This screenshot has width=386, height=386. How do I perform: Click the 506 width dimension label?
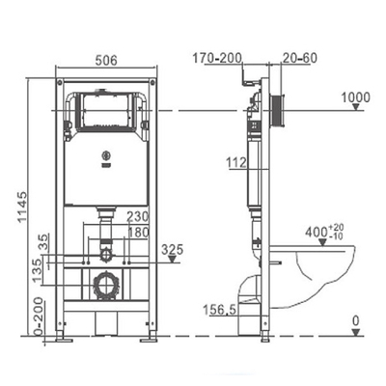106,60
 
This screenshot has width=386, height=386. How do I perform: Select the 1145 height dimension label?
22,207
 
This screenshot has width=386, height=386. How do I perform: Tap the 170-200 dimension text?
217,58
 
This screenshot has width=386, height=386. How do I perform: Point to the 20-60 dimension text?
300,58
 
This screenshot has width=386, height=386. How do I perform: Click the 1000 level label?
356,97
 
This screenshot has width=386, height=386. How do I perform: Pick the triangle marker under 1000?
355,107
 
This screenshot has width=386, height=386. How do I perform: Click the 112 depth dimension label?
236,163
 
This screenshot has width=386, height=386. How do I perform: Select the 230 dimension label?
138,217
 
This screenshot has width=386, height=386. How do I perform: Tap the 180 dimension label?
138,233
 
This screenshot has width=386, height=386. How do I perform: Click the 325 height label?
173,249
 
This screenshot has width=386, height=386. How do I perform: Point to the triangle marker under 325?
173,260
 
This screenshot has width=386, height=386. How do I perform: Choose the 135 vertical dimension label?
38,271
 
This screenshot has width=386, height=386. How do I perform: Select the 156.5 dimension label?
220,311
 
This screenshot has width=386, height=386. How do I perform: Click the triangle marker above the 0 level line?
355,332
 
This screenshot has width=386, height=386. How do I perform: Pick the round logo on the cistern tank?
105,155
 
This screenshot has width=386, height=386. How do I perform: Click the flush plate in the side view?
277,111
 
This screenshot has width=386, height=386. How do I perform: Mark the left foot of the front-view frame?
64,339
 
